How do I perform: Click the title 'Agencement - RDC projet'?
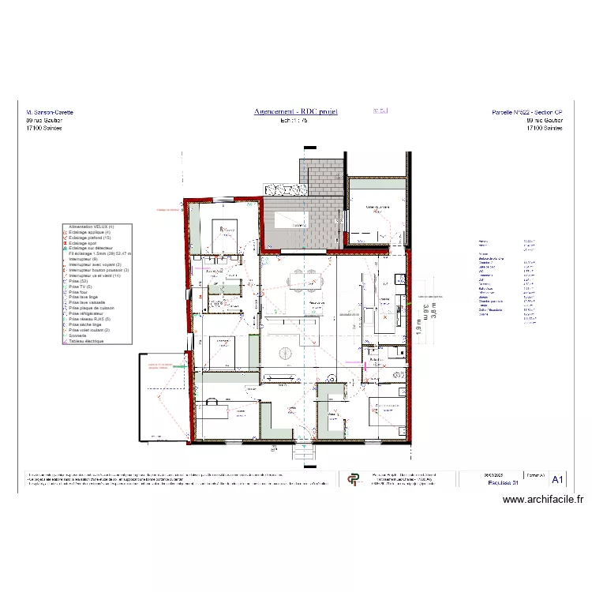tap(295, 112)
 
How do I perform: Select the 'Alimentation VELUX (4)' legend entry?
tap(92, 227)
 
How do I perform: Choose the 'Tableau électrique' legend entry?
tap(88, 341)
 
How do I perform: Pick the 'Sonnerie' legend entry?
tap(80, 335)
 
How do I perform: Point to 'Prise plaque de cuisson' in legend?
tap(92, 308)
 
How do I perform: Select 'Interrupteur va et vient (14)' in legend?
tap(95, 275)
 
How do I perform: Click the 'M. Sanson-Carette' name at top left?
tap(50, 113)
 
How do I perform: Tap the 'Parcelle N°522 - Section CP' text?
tap(526, 113)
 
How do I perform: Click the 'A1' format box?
tap(557, 479)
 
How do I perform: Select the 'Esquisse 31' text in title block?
tap(503, 482)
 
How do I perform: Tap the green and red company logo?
tap(352, 478)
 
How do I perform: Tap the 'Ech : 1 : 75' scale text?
tap(295, 121)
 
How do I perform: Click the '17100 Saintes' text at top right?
tap(544, 128)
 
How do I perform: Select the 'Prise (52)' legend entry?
tap(79, 281)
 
